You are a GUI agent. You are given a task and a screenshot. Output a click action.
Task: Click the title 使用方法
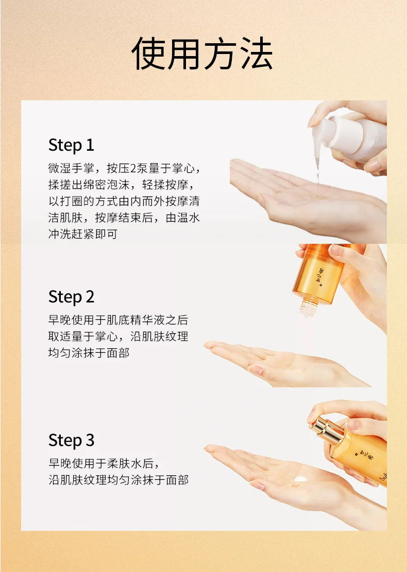point(202,53)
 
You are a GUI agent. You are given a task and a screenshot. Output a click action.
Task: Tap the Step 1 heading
point(71,145)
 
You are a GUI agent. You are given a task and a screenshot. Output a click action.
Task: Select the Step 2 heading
point(71,297)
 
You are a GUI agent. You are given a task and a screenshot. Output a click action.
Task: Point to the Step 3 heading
point(71,440)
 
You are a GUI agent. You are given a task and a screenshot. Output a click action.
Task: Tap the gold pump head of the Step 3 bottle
point(327,430)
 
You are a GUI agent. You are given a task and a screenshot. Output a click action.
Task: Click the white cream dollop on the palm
point(301,478)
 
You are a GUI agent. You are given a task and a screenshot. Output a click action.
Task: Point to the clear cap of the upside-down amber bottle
point(308,306)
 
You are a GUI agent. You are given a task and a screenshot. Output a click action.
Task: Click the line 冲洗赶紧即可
point(82,234)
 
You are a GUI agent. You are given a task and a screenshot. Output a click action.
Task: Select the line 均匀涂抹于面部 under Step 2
point(89,353)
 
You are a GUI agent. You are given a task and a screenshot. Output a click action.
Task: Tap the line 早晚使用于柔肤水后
point(104,463)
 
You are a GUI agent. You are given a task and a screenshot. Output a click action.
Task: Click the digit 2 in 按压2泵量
point(133,169)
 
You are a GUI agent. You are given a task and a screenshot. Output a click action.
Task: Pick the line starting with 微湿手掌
point(124,168)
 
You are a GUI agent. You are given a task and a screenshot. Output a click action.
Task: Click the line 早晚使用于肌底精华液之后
point(118,320)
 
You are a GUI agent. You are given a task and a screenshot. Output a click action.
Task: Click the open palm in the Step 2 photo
point(285,363)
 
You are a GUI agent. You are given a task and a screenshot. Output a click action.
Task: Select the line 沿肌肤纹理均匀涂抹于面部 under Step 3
point(118,480)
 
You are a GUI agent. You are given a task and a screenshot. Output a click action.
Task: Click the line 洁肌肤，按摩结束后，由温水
point(124,218)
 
